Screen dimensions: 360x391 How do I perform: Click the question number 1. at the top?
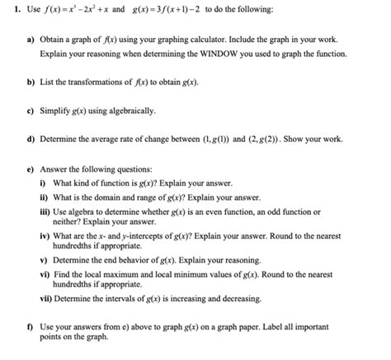[11, 12]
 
